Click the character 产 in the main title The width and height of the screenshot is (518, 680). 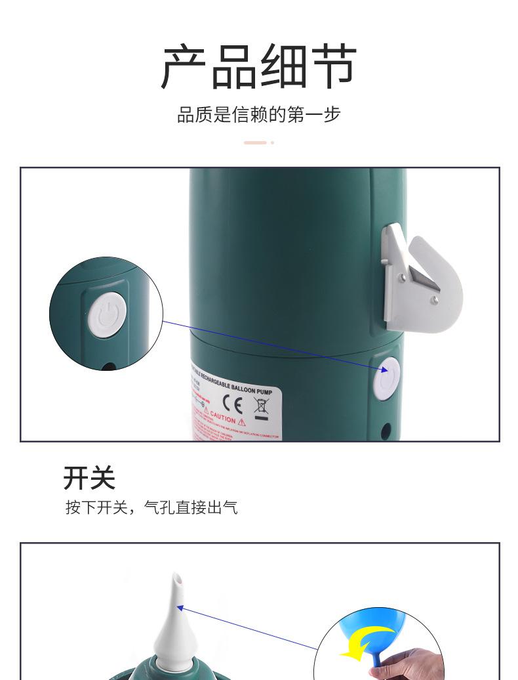click(x=185, y=67)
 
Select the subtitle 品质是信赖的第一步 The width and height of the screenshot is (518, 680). click(x=259, y=115)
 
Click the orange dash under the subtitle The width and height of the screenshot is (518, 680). click(x=255, y=142)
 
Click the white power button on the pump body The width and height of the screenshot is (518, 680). click(x=386, y=378)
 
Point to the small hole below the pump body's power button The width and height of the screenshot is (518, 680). click(x=386, y=431)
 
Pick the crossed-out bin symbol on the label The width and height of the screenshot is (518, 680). click(x=260, y=405)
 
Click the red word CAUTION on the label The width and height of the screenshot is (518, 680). click(x=223, y=419)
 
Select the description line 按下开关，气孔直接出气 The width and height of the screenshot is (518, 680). click(x=151, y=507)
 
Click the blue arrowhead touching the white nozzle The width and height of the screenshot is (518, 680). click(x=182, y=607)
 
